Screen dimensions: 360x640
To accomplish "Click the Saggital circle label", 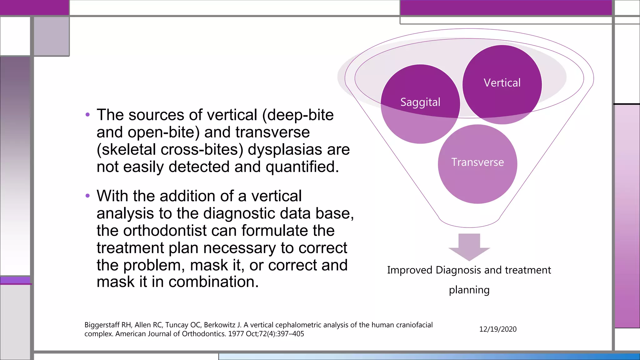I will click(x=420, y=102).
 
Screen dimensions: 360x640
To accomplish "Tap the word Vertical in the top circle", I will click(x=502, y=83).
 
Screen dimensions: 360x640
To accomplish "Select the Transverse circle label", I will click(x=477, y=162).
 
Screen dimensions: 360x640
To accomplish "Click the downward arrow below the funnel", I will click(x=469, y=247).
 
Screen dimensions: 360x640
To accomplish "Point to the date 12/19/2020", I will click(x=498, y=329).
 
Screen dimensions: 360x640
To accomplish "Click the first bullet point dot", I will click(x=87, y=115).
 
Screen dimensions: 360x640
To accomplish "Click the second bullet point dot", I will click(x=87, y=196).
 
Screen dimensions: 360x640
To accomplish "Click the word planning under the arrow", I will click(x=469, y=290).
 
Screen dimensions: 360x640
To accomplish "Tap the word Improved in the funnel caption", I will click(x=409, y=270).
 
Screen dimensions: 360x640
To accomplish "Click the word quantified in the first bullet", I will click(x=302, y=167).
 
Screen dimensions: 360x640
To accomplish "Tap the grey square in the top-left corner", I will click(x=51, y=36).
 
